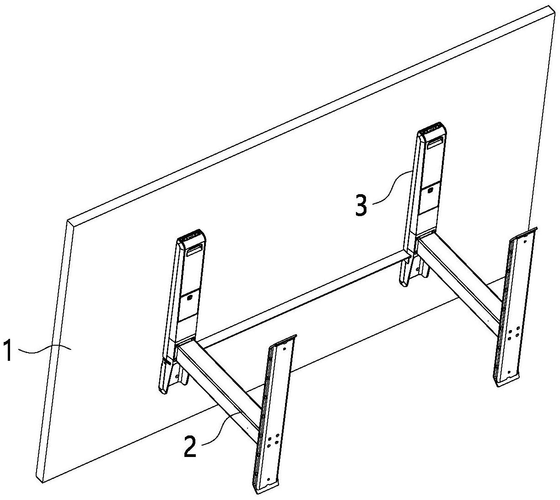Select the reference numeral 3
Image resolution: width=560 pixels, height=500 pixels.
click(x=361, y=205)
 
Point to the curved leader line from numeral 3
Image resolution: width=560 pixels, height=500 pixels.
click(x=391, y=187)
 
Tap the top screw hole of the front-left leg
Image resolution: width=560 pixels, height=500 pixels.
click(x=284, y=348)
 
